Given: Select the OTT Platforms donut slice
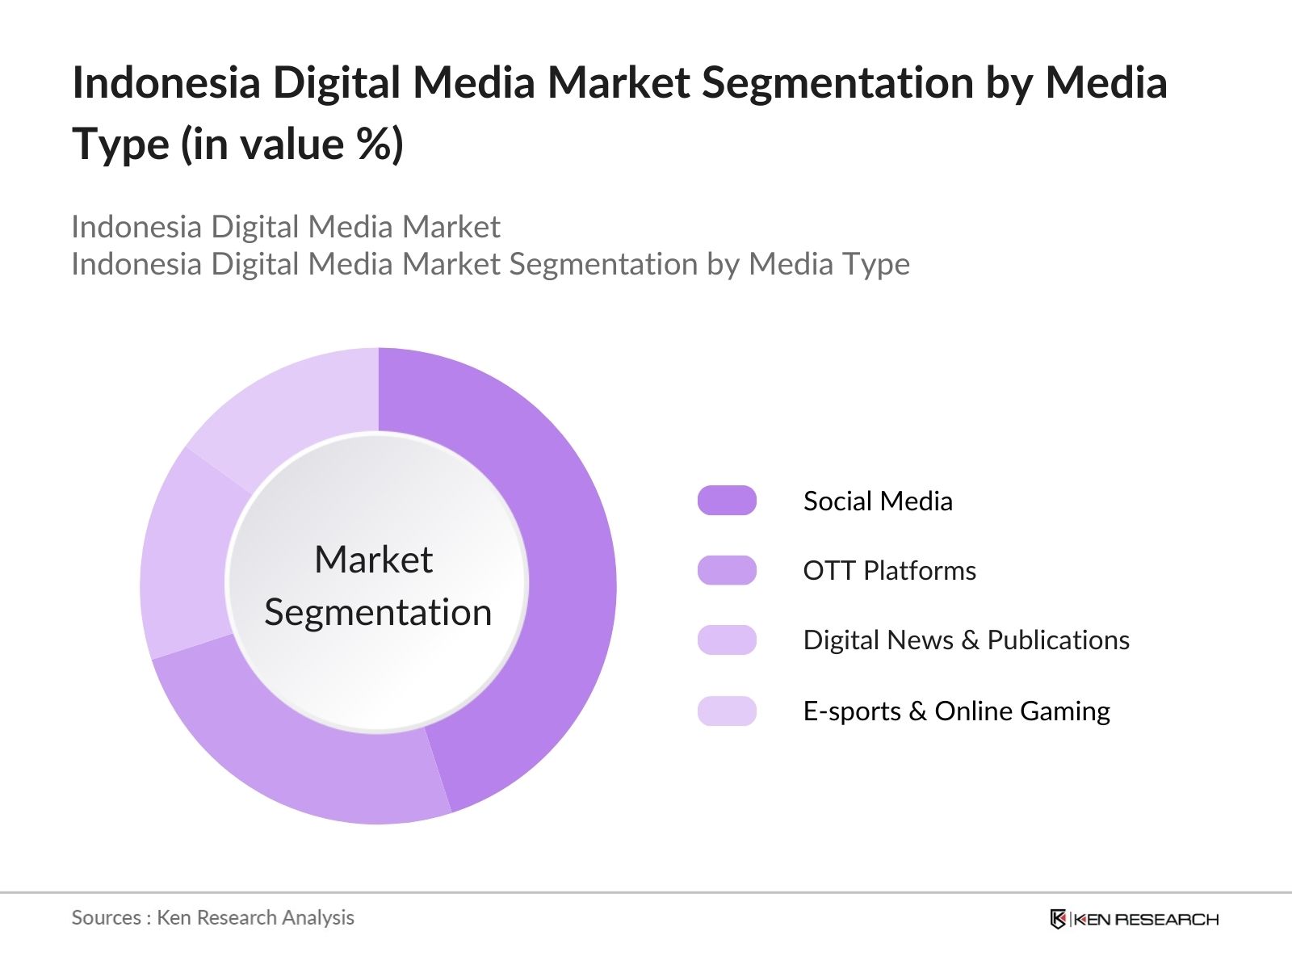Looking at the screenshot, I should (x=299, y=751).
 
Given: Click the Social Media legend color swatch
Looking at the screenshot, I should (x=727, y=501).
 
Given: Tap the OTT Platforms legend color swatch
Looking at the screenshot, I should (x=727, y=570).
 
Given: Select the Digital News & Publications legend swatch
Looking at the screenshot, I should (x=727, y=640).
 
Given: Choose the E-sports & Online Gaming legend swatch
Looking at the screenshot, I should (x=727, y=711).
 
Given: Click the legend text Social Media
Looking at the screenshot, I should (x=878, y=501).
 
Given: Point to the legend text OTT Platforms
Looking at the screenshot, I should (x=889, y=570).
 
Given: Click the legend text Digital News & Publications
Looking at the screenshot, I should (x=966, y=640).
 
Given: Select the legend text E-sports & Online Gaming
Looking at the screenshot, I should (x=956, y=711).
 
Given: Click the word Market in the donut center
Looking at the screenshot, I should (x=373, y=559).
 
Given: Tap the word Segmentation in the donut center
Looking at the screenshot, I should (x=378, y=612).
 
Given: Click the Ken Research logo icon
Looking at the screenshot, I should (x=1058, y=919).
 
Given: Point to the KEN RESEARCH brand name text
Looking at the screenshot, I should (x=1147, y=919).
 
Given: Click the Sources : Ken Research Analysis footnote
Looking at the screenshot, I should (x=212, y=917).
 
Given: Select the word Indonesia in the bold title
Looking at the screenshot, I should (x=166, y=82).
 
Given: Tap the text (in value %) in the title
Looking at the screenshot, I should (x=292, y=145).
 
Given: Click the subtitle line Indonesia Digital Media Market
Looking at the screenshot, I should (x=286, y=227).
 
